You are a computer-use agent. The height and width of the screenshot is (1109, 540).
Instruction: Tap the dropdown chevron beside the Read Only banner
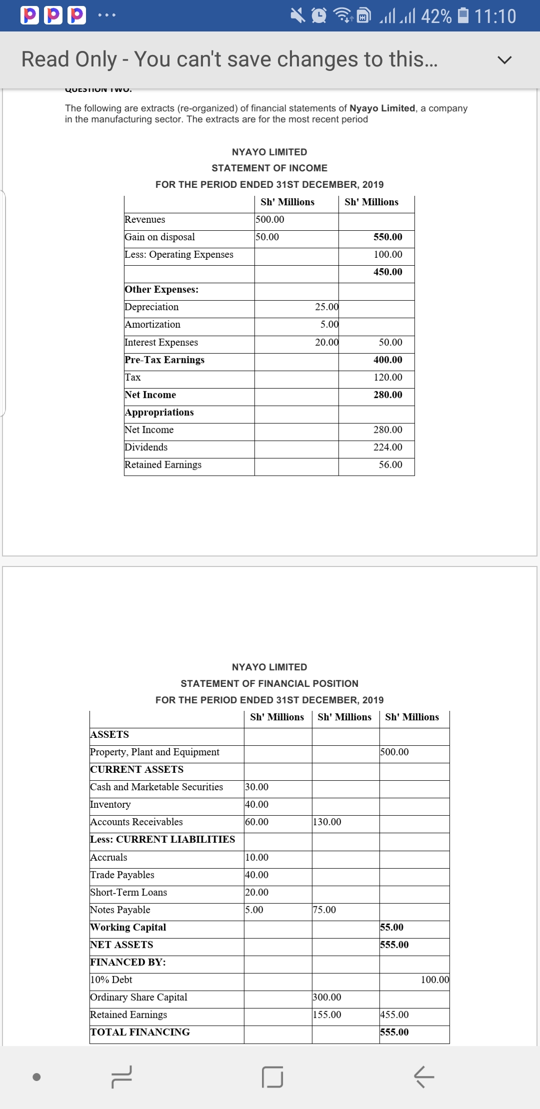[x=504, y=60]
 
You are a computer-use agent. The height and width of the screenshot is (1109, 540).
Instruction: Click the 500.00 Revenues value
[x=270, y=220]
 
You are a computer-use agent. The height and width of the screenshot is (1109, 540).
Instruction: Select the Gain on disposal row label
[x=160, y=237]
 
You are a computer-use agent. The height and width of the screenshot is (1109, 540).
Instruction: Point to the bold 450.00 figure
[x=387, y=272]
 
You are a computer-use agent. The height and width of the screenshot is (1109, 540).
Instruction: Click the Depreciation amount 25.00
[x=326, y=307]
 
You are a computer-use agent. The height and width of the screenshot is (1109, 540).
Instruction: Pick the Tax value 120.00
[x=387, y=378]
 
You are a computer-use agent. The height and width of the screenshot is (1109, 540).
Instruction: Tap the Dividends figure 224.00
[x=387, y=448]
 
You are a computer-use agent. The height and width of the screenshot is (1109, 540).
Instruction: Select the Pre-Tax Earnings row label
[x=164, y=360]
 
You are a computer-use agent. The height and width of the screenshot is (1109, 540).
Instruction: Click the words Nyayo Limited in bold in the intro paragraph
[x=382, y=108]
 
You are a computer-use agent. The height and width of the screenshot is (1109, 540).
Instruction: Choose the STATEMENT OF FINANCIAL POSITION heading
[x=269, y=683]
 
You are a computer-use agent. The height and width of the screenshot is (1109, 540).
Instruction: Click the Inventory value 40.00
[x=257, y=805]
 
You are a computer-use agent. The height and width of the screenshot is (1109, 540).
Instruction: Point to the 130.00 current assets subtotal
[x=327, y=822]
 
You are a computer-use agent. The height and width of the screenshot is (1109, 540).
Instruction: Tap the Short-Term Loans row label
[x=128, y=893]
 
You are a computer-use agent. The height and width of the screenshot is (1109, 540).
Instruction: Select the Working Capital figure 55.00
[x=391, y=928]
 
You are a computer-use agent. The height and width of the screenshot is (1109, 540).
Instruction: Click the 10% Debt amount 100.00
[x=434, y=980]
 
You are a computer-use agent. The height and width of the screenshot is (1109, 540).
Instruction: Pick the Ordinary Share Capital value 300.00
[x=327, y=998]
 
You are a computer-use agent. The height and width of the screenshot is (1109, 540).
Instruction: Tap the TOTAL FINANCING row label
[x=140, y=1033]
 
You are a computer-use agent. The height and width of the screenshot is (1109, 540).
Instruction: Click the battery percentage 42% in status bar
[x=436, y=16]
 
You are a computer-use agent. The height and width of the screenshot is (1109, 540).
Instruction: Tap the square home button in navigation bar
[x=272, y=1077]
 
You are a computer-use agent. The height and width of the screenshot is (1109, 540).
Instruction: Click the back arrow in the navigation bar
[x=424, y=1077]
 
